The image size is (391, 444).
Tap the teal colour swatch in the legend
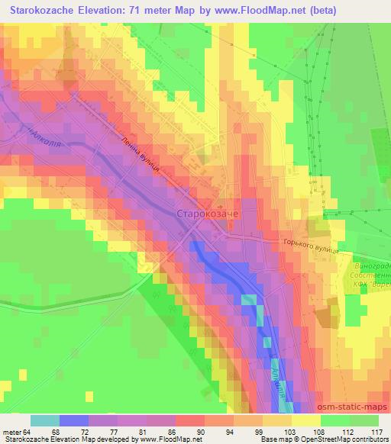pyautogui.click(x=45, y=420)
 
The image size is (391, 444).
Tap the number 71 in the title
pyautogui.click(x=155, y=10)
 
